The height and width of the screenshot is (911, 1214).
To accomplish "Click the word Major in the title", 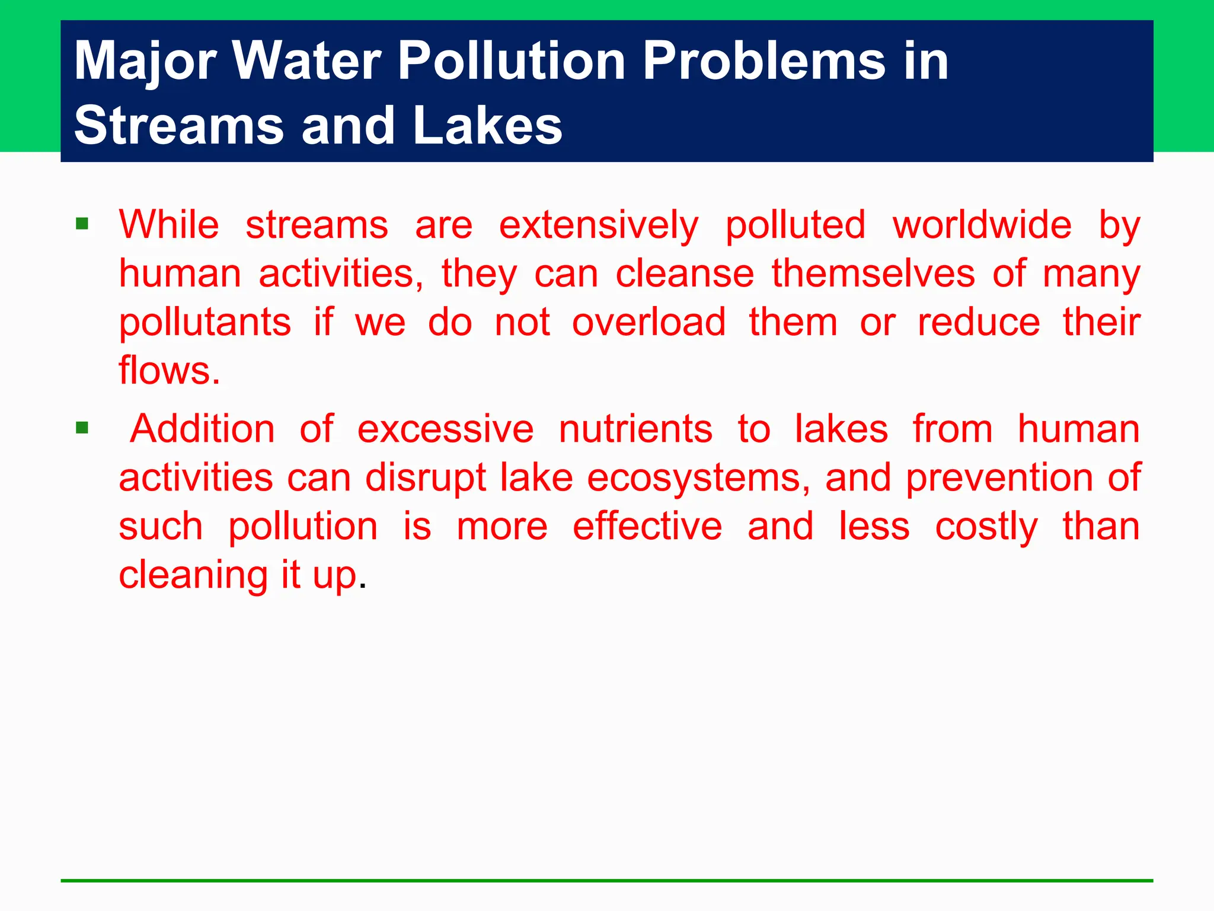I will click(145, 61).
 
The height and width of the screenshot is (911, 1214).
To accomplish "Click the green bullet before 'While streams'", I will click(82, 224).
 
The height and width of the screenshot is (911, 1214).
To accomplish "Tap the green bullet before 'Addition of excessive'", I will click(82, 428).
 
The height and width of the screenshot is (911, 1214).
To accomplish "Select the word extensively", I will click(599, 225).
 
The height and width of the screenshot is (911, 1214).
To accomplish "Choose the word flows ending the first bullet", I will click(169, 371).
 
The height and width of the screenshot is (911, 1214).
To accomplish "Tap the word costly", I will click(986, 527).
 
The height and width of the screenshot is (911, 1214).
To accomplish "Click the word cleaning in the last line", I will click(194, 575).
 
